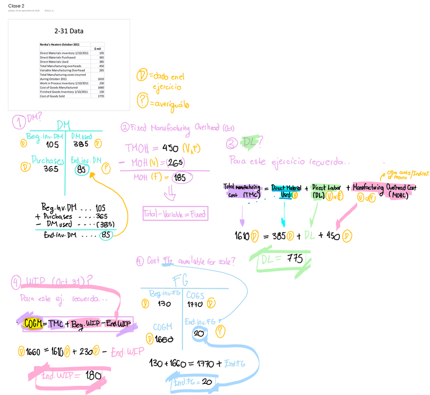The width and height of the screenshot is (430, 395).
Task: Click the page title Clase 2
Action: (x=16, y=5)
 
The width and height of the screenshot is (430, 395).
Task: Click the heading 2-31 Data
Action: (x=69, y=31)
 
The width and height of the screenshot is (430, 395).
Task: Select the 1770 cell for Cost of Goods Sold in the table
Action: (x=101, y=96)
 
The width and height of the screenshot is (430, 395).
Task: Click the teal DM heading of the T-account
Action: (x=64, y=125)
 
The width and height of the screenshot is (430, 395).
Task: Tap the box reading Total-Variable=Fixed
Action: (x=175, y=214)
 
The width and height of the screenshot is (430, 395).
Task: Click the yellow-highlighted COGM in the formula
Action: (x=32, y=324)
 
